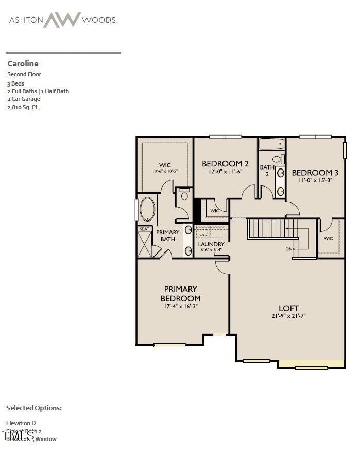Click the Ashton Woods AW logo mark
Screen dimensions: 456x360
coord(62,20)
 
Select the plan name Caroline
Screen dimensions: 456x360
coord(23,64)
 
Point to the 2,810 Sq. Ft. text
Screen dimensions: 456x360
coord(23,107)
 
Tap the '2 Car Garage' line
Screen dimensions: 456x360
coord(24,99)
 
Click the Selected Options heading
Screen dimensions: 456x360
coord(34,408)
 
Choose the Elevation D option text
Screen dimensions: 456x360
coord(21,423)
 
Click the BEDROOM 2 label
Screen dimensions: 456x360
coord(225,164)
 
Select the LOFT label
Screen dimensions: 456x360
coord(289,308)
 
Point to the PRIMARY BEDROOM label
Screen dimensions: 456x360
coord(180,294)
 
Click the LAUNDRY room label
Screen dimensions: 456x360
coord(211,244)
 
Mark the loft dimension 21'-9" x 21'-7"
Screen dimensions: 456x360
coord(289,316)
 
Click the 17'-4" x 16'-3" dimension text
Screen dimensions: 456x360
coord(180,306)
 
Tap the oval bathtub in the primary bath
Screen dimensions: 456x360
coord(147,210)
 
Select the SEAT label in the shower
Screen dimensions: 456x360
coord(144,229)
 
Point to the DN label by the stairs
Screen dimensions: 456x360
coord(289,249)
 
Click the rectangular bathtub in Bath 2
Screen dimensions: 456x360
coord(271,144)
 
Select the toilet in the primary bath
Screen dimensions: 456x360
coord(184,195)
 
